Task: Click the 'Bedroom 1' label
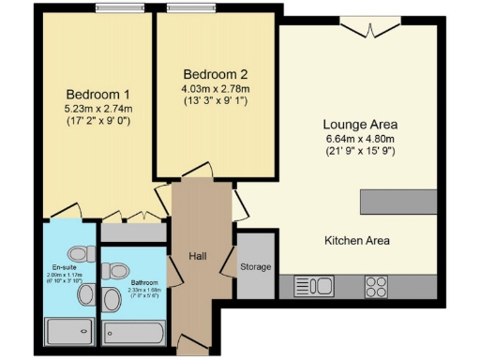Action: click(x=98, y=94)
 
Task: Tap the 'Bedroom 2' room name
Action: click(x=215, y=74)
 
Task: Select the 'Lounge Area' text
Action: click(x=360, y=125)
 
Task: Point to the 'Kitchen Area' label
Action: click(x=356, y=241)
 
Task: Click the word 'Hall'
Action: click(x=197, y=256)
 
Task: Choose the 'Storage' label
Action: click(x=255, y=267)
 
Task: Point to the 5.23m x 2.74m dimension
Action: click(x=98, y=109)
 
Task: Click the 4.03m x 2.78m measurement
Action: click(x=215, y=89)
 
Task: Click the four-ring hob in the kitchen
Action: click(x=376, y=285)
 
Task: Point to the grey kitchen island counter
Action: click(x=397, y=202)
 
